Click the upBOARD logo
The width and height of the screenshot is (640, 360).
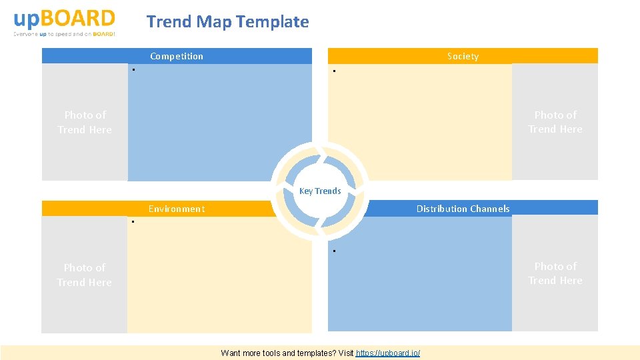click(x=64, y=19)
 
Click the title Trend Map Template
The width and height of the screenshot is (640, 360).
click(x=227, y=22)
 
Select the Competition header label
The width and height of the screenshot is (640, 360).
click(x=177, y=56)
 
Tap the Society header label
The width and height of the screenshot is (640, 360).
click(x=463, y=56)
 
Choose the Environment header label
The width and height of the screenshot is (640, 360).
click(x=177, y=209)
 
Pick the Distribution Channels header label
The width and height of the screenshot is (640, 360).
click(x=463, y=209)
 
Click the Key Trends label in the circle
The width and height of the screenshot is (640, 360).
click(x=320, y=191)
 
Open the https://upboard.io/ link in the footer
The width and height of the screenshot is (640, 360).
click(x=388, y=353)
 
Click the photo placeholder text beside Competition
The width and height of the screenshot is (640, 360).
click(x=85, y=122)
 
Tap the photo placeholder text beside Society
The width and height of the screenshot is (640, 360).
click(x=555, y=122)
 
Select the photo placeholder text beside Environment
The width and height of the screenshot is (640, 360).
click(x=84, y=275)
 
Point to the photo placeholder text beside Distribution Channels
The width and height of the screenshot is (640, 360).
click(x=555, y=273)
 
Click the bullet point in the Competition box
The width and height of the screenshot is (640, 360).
click(x=133, y=69)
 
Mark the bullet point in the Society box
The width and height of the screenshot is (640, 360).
click(x=334, y=72)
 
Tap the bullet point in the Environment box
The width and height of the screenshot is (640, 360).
click(x=133, y=221)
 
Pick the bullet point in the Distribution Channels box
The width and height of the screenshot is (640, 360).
click(x=334, y=251)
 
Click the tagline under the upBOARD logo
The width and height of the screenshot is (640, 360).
click(x=64, y=34)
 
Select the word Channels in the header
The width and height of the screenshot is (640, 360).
click(x=489, y=209)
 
